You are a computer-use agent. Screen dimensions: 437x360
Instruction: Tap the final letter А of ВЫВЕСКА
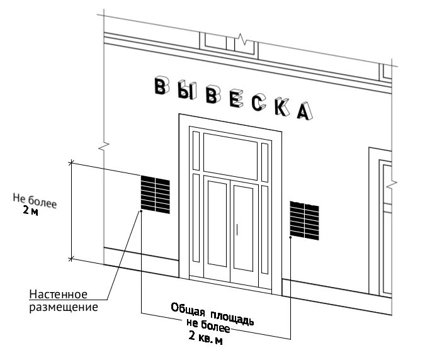tap(304, 110)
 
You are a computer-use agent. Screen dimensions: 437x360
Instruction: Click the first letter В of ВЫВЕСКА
tap(162, 87)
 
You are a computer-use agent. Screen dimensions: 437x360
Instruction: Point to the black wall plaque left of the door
tap(155, 194)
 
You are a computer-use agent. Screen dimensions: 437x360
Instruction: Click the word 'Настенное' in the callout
tap(58, 296)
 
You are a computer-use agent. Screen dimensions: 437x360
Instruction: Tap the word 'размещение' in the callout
tap(62, 308)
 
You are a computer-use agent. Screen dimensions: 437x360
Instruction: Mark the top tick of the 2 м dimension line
tap(71, 163)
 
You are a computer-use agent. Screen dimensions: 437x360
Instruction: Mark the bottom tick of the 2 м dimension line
tap(71, 258)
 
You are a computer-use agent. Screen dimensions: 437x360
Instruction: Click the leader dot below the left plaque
tap(141, 212)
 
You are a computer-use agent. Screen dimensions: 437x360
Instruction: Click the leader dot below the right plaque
tap(290, 238)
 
